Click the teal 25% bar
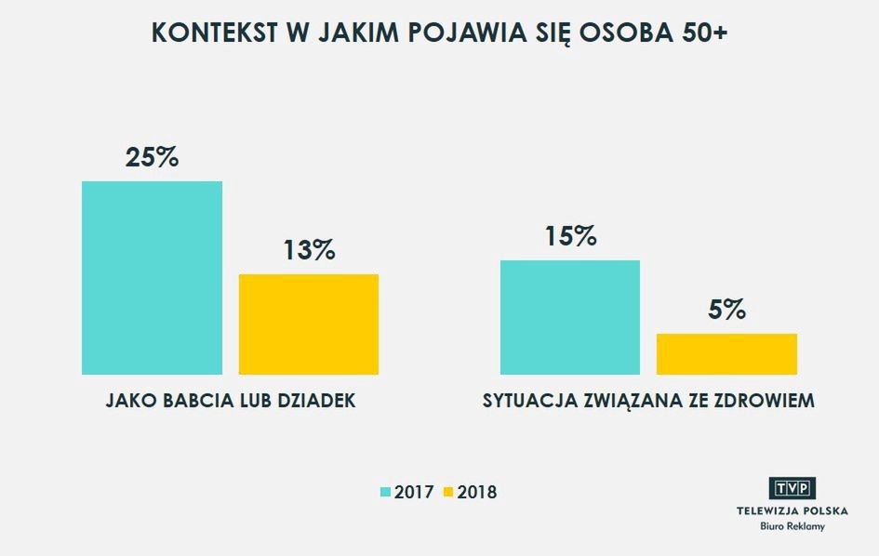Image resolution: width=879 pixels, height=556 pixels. [x=152, y=277]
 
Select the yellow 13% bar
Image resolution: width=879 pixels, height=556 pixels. [x=309, y=324]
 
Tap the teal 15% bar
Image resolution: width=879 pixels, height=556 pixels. [x=569, y=317]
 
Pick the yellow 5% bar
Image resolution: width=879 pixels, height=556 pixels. [x=726, y=353]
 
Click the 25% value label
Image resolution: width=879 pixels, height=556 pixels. [x=152, y=157]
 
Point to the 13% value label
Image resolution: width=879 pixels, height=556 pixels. [x=309, y=250]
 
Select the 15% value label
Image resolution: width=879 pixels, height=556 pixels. [x=569, y=236]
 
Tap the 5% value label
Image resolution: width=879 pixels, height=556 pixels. [x=726, y=310]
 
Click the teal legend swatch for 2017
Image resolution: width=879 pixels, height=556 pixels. [x=386, y=492]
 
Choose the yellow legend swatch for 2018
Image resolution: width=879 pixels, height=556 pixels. [x=447, y=492]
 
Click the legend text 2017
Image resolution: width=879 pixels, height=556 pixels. [x=414, y=492]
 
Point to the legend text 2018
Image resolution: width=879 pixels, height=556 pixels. [x=477, y=492]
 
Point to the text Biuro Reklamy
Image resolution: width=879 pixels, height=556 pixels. [x=792, y=526]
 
